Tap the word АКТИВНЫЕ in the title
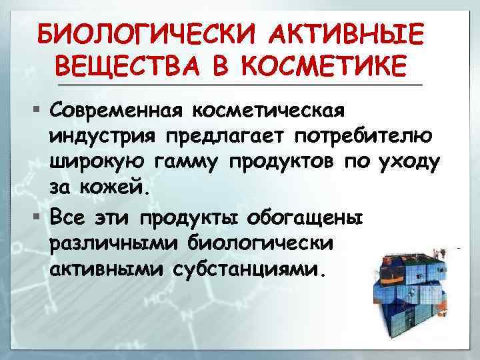[x=351, y=33]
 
